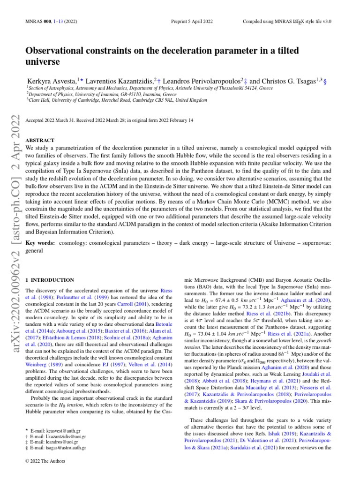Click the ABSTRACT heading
(x=41, y=140)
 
